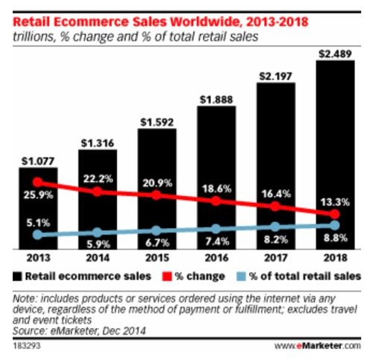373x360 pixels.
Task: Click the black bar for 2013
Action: click(39, 209)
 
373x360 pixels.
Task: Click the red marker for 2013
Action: click(39, 182)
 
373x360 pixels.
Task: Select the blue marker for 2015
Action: click(157, 230)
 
